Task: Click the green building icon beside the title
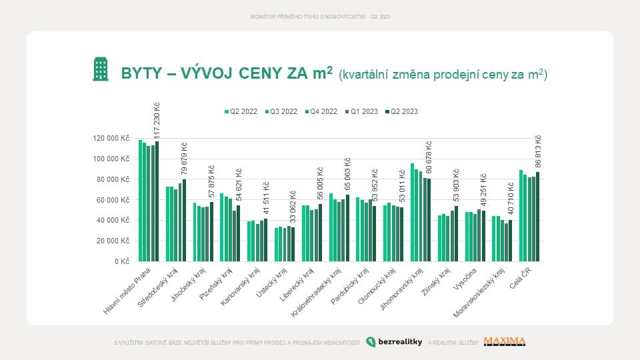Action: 101,69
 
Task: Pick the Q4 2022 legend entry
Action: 322,111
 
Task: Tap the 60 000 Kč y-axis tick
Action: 112,200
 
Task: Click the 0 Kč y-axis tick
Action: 121,261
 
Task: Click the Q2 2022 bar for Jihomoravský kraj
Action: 412,213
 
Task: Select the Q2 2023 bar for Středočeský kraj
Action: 185,221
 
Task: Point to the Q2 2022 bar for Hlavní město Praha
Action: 140,201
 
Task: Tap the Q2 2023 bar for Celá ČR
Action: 537,217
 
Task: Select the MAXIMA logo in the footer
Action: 505,342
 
